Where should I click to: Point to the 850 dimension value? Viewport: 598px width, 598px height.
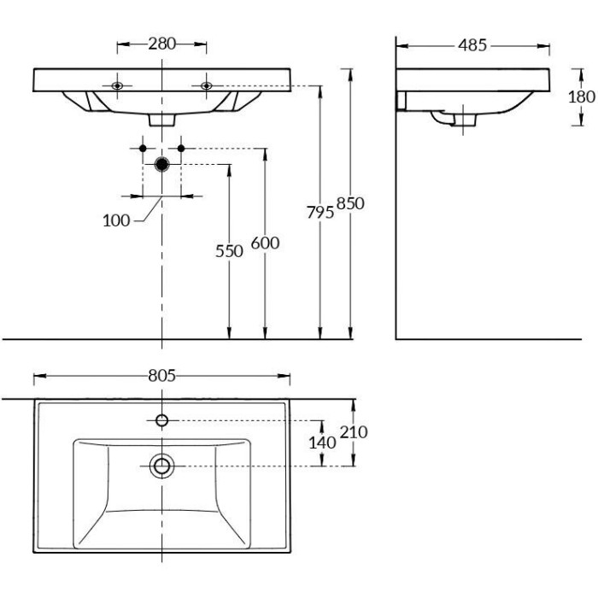tap(351, 203)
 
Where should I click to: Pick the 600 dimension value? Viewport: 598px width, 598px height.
tap(266, 243)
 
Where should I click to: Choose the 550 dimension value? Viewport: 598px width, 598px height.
tap(229, 250)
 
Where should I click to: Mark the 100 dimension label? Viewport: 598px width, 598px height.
tap(116, 220)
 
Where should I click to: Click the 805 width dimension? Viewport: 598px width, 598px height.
tap(161, 375)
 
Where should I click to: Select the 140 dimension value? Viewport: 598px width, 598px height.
tap(322, 443)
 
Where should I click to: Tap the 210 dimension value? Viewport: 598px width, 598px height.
tap(353, 432)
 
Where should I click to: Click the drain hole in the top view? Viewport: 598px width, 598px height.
tap(161, 466)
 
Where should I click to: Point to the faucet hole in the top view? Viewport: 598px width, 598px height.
tap(161, 419)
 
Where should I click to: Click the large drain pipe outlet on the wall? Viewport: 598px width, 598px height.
tap(162, 164)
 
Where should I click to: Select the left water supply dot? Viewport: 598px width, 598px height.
tap(144, 149)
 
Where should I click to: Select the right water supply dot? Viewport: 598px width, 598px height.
tap(181, 149)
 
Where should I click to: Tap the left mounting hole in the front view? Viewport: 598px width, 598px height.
tap(117, 85)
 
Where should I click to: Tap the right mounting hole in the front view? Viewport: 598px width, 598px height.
tap(206, 85)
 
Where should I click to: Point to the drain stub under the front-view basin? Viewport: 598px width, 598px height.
tap(161, 120)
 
